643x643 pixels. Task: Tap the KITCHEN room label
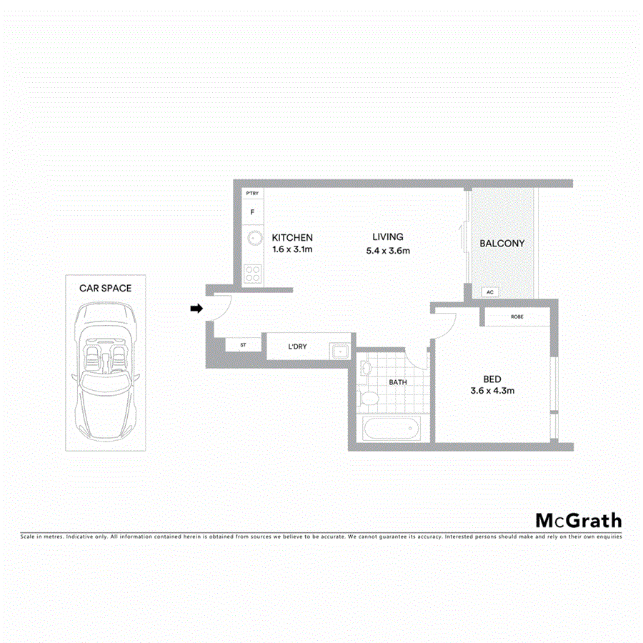point(292,238)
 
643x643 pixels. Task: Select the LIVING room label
point(387,236)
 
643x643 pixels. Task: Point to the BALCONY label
point(502,244)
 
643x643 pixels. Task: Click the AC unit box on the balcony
point(489,292)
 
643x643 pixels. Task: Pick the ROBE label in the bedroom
point(517,316)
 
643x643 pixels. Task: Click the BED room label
point(492,379)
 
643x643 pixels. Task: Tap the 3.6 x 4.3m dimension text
point(492,391)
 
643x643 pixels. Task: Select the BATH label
point(398,382)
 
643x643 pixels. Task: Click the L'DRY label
point(297,347)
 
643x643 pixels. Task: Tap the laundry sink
point(339,351)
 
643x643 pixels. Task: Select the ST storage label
point(243,345)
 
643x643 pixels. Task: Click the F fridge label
point(251,212)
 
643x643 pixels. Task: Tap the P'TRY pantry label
point(251,194)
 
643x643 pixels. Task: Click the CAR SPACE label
point(105,288)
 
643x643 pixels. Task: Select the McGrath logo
point(579,520)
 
